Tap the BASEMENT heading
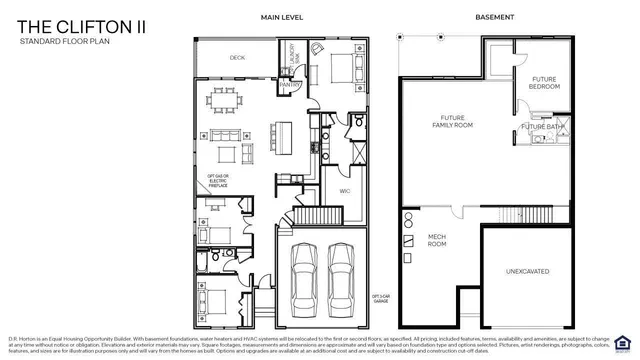495,17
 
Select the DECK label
237,58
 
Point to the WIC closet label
344,190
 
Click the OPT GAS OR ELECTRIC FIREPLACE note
217,181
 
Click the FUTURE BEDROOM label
545,83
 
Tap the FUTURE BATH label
540,127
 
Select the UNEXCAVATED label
528,271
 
